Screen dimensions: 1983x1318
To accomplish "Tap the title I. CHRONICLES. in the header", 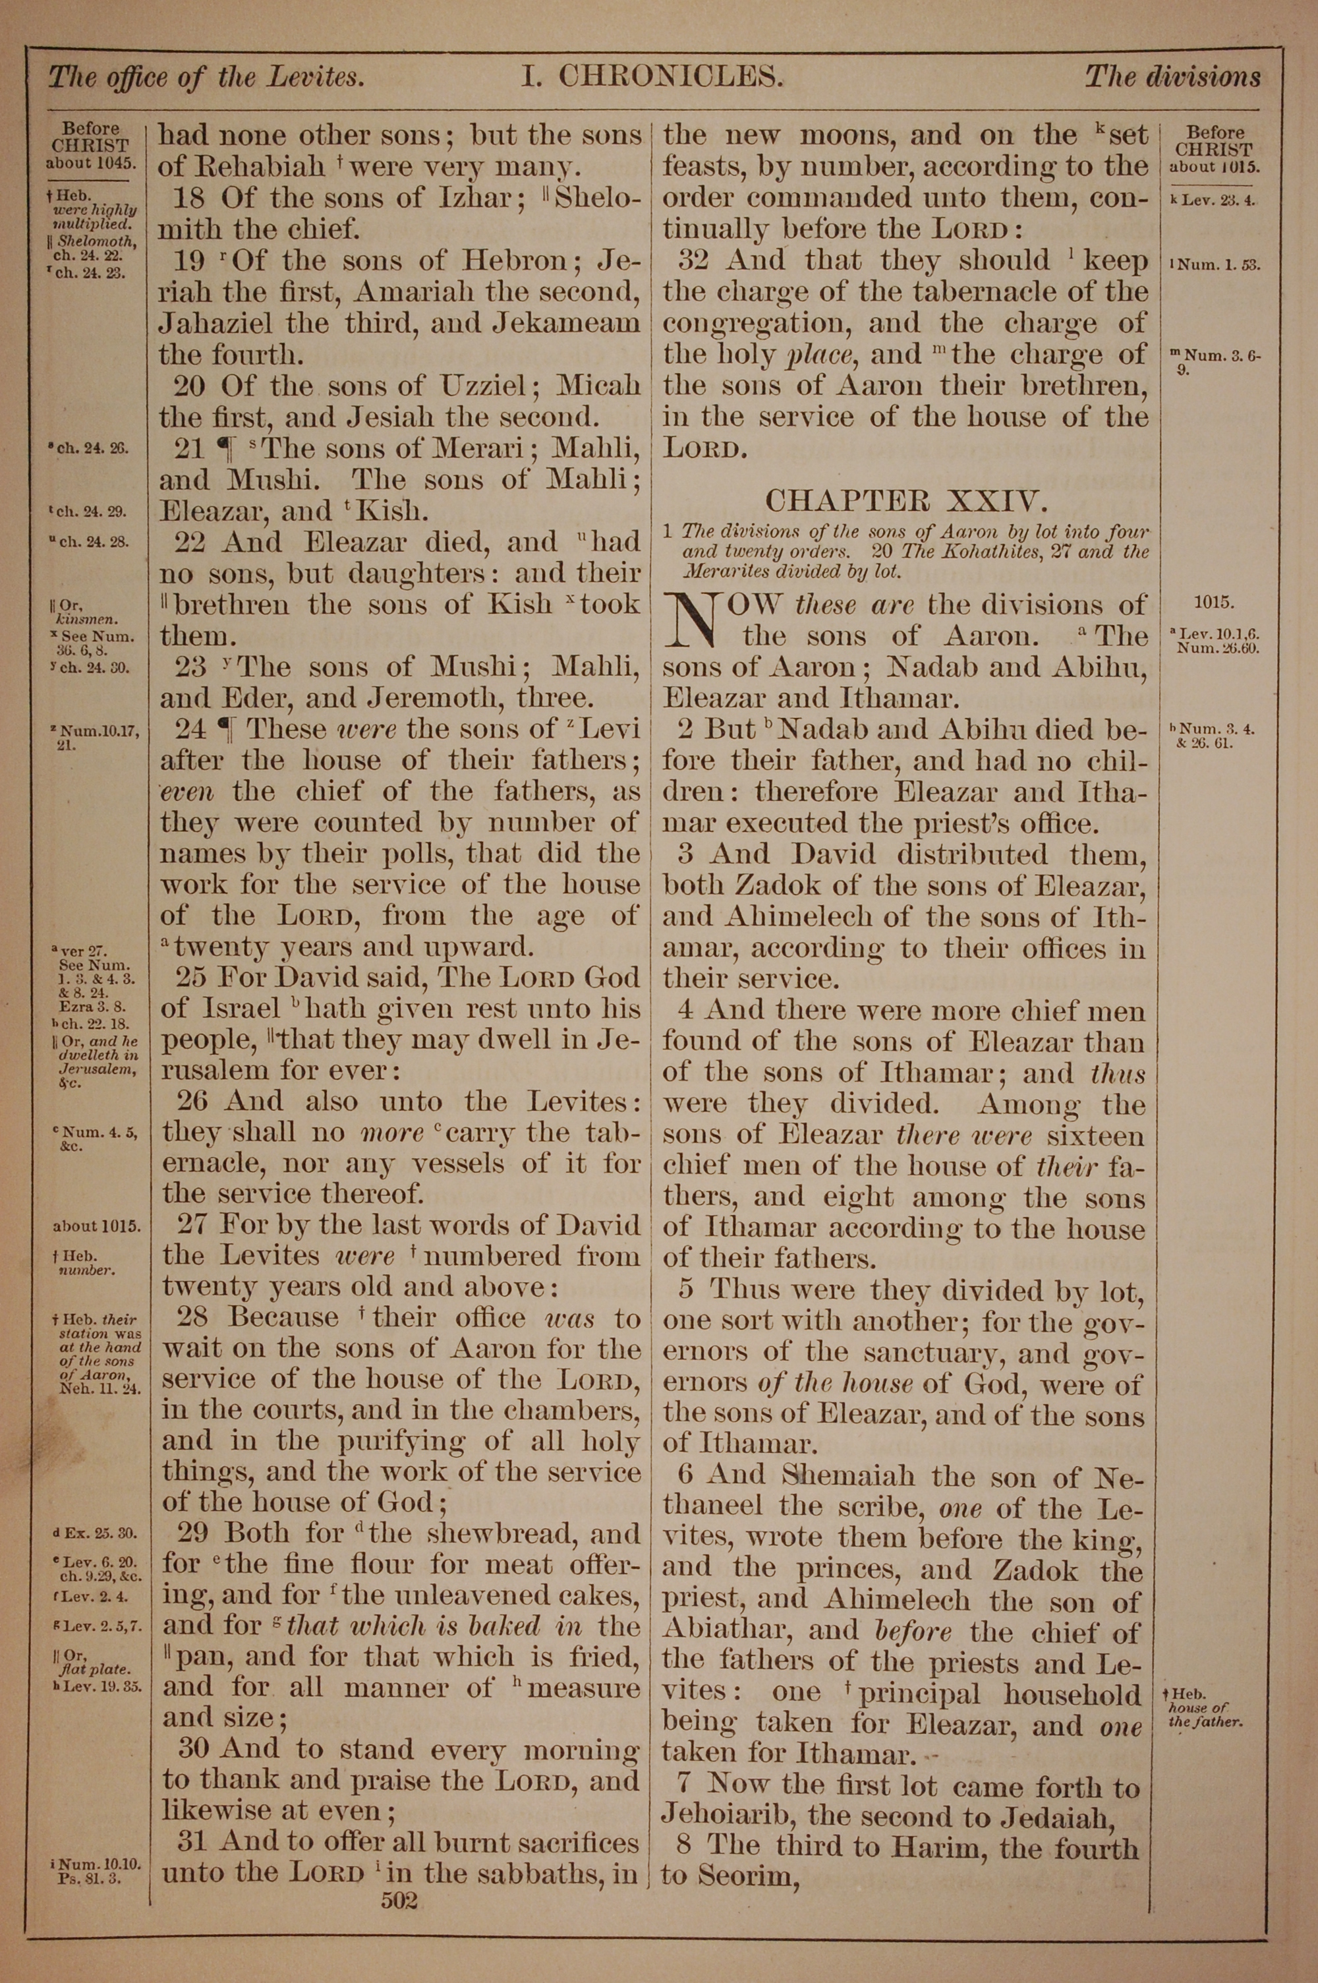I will point(652,77).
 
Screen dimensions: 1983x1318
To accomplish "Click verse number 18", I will point(190,198).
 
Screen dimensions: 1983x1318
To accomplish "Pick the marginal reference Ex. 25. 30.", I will point(94,1533).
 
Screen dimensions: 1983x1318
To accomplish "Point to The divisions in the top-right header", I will point(1172,77).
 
